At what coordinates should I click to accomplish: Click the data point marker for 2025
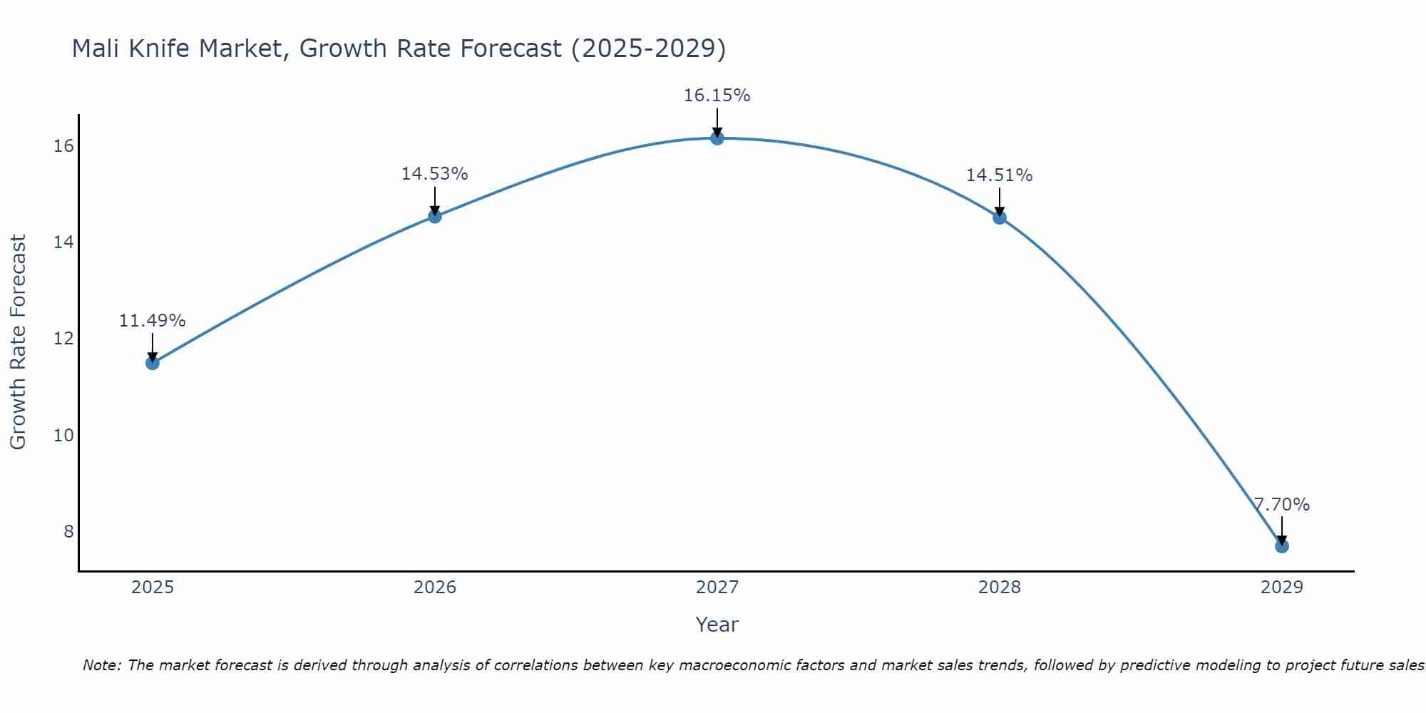coord(153,363)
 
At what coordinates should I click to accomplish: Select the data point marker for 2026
coord(435,216)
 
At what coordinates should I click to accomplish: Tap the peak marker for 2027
coord(717,138)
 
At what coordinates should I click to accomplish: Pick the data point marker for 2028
coord(1000,217)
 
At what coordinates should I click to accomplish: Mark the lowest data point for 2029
coord(1282,546)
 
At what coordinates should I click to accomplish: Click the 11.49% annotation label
coord(152,321)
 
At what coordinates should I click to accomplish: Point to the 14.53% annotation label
coord(434,174)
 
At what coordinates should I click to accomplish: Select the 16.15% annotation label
coord(717,96)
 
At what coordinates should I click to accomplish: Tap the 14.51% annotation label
coord(999,175)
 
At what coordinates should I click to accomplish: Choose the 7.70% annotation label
coord(1282,505)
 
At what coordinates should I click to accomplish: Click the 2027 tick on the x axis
coord(717,588)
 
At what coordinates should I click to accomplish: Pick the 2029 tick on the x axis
coord(1282,588)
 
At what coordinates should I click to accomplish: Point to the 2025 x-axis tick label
coord(153,588)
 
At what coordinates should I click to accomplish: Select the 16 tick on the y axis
coord(63,146)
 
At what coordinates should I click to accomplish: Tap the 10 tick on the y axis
coord(63,435)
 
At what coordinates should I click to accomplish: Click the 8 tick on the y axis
coord(68,531)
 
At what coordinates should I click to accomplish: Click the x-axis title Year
coord(717,625)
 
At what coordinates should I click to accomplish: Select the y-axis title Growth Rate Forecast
coord(18,342)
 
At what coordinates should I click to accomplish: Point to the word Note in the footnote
coord(102,665)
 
